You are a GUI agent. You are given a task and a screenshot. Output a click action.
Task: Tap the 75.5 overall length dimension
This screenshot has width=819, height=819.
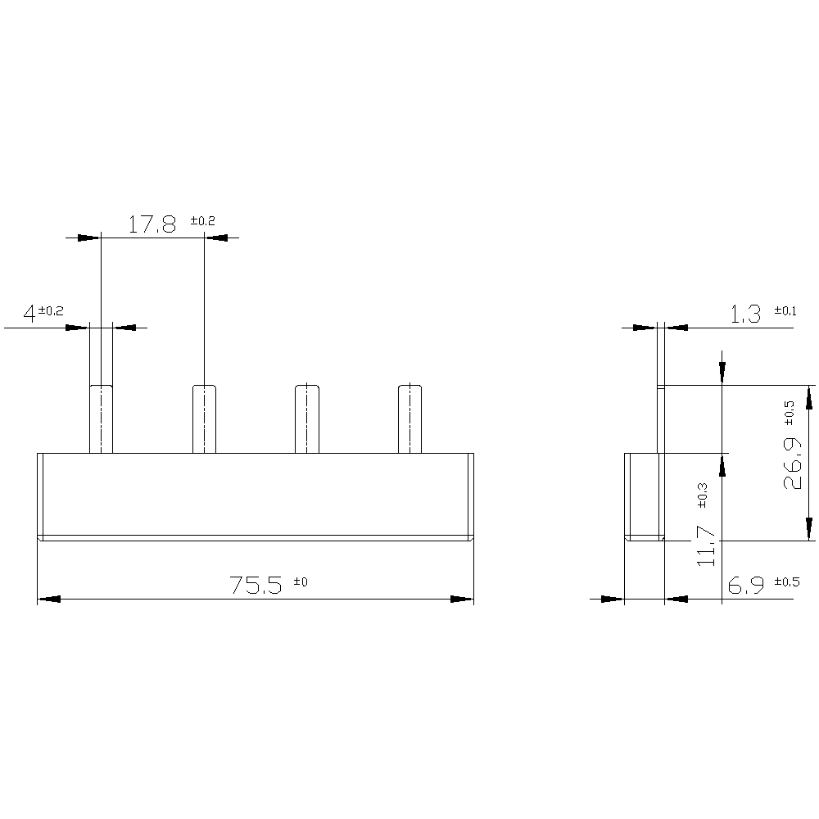click(255, 585)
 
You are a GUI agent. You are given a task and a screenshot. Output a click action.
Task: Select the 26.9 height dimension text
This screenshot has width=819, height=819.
click(793, 464)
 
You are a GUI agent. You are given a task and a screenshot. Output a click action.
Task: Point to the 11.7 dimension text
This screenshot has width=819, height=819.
click(707, 546)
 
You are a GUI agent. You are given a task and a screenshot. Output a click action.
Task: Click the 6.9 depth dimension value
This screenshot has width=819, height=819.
click(745, 585)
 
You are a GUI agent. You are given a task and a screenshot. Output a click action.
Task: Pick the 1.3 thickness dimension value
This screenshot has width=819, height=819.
click(745, 314)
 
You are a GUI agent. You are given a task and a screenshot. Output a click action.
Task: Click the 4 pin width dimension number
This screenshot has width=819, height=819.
click(29, 314)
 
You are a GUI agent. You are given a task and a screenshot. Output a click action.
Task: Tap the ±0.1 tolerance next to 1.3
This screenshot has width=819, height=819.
click(785, 310)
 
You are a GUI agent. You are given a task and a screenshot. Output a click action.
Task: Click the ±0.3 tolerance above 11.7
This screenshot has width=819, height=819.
click(702, 495)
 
